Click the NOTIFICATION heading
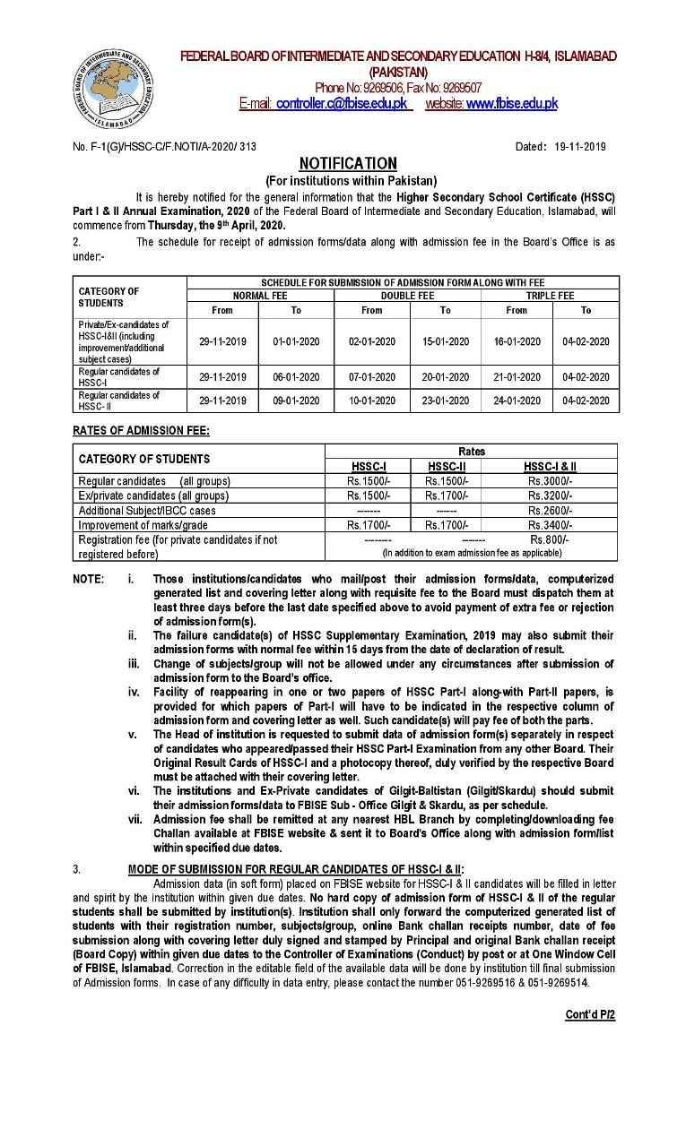point(348,163)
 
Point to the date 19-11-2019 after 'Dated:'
point(580,146)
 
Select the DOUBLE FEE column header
point(408,295)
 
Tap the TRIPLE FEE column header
point(550,295)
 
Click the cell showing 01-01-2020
point(296,341)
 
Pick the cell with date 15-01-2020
point(446,341)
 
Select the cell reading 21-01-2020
point(517,377)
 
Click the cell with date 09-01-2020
point(296,401)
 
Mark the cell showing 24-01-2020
point(517,401)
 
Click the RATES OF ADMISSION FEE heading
point(141,431)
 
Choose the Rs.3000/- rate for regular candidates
point(550,481)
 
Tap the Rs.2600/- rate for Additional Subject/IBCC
point(550,510)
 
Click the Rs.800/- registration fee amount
point(549,539)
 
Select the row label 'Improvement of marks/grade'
point(143,525)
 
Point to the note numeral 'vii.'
point(134,819)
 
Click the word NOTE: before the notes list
point(88,580)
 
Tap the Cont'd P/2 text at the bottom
point(589,1015)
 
